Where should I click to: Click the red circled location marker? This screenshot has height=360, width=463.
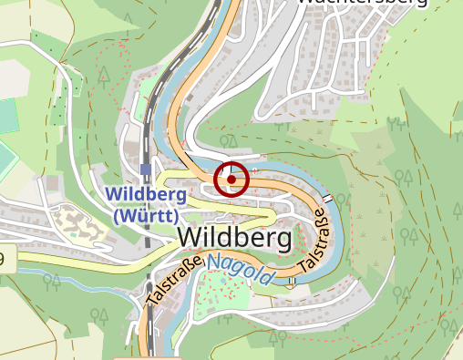click(231, 180)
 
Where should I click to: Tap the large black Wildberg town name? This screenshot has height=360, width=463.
click(234, 238)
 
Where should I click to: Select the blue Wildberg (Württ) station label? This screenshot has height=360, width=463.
click(146, 205)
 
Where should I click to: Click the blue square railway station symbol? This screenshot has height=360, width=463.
click(146, 169)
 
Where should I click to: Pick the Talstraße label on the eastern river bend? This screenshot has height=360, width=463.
click(313, 242)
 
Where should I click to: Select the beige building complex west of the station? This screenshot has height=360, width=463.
click(77, 224)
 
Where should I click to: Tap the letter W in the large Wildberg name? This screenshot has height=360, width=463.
click(190, 238)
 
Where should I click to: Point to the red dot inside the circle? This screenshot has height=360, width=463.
click(231, 180)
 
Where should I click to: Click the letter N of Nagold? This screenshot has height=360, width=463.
click(213, 263)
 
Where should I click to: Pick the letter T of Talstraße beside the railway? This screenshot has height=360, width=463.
click(151, 300)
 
